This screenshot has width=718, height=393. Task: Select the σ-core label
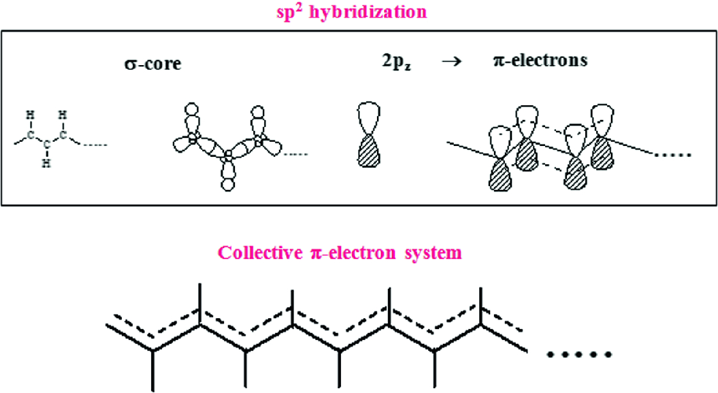pyautogui.click(x=151, y=64)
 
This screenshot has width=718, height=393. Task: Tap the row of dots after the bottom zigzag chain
pyautogui.click(x=579, y=355)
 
